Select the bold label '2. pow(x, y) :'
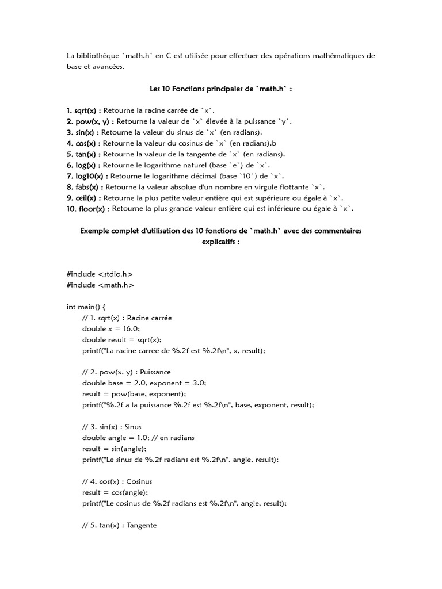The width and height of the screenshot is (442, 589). coord(90,121)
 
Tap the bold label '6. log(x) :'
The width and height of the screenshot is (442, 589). coord(83,165)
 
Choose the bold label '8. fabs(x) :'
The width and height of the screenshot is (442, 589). coord(85,187)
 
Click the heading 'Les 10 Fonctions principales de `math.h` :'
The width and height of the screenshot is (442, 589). coord(221,89)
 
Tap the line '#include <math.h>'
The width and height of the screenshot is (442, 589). coord(101,285)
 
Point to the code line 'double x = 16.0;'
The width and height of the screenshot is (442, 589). coord(111,328)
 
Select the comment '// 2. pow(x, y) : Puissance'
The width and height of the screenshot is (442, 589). coord(127,372)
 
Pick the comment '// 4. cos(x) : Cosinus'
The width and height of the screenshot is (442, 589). coord(117,481)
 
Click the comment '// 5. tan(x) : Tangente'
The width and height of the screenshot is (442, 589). coord(119,525)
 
